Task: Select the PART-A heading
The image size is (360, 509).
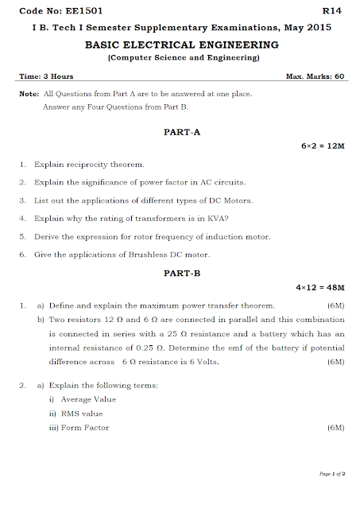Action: click(x=181, y=131)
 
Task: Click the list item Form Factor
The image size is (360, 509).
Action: click(x=85, y=428)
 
